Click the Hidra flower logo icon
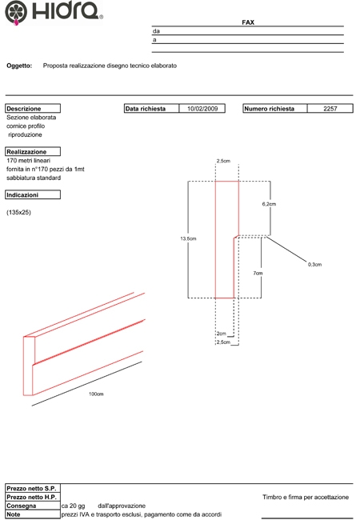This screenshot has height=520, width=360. point(16,13)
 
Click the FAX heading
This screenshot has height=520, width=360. point(248,22)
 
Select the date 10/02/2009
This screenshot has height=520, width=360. point(202,109)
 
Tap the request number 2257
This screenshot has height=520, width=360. point(330,109)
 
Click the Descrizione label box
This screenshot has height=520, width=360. point(33,109)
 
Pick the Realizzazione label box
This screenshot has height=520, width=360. point(33,151)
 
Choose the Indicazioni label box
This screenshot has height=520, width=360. point(33,194)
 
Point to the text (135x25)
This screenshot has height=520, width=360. point(18,212)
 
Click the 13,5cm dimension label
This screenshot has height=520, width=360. point(188,238)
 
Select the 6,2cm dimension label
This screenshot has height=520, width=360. point(269,204)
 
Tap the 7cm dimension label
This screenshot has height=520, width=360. point(258,273)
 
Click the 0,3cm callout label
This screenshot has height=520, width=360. point(314,264)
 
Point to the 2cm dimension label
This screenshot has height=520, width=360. point(221,334)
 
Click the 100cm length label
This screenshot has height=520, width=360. point(96,394)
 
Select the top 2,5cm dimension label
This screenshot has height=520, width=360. point(223,161)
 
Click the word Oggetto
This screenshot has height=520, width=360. point(19,66)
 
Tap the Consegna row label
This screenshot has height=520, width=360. point(22,506)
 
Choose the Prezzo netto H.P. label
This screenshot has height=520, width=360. point(31,497)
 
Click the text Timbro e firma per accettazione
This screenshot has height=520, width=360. point(306,497)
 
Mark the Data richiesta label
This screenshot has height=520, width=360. point(145,109)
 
